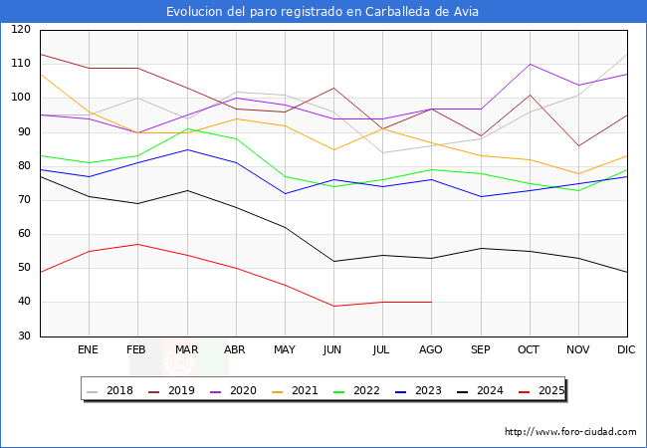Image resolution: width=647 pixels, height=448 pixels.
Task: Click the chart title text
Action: tap(323, 12)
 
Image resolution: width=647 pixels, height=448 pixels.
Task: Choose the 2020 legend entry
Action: tap(238, 390)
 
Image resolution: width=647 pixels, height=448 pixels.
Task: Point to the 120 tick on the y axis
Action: tap(20, 30)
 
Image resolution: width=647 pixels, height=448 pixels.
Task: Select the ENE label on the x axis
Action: tap(89, 350)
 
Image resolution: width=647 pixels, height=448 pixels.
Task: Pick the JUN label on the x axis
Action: tap(333, 350)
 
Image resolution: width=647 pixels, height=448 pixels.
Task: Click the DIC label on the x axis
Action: tap(627, 350)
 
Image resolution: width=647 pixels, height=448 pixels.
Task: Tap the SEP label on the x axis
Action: tap(480, 350)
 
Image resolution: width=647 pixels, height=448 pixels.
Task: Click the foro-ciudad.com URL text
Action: tap(570, 432)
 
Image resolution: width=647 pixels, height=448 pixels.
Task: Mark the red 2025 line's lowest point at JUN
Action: tap(333, 306)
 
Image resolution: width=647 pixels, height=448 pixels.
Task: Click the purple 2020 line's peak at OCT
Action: tap(530, 64)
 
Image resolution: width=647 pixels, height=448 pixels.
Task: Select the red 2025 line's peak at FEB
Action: tap(137, 244)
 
